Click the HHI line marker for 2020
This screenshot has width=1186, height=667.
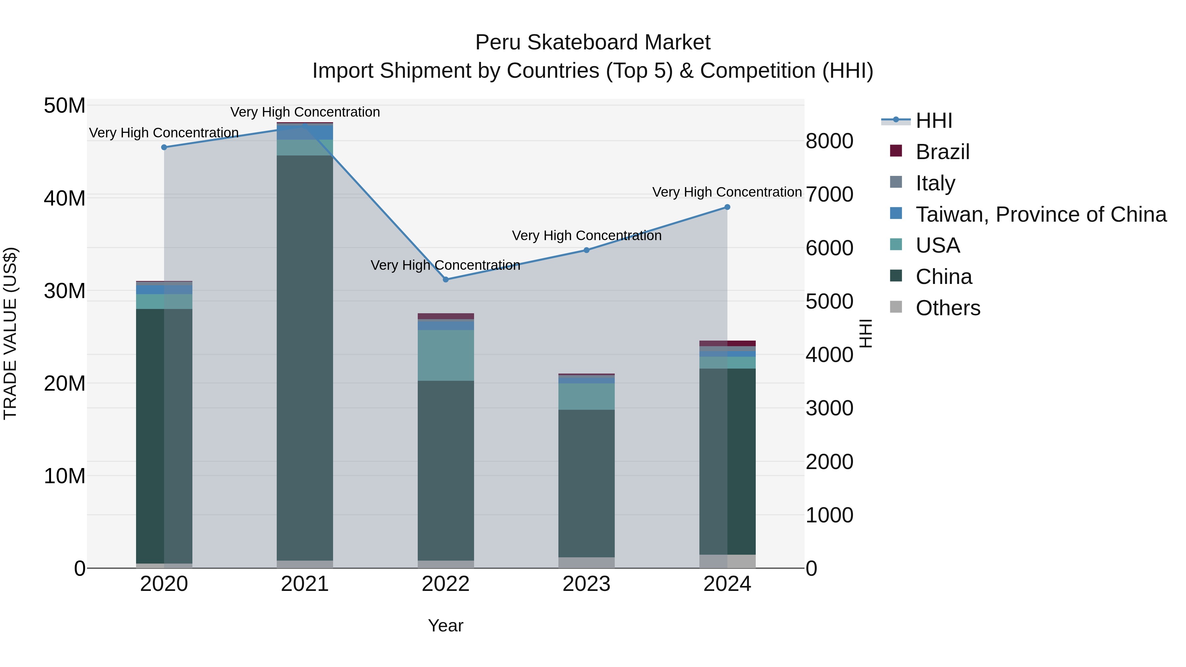pos(164,147)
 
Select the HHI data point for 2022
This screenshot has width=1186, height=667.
pos(446,279)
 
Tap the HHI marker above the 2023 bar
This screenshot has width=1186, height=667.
pos(586,250)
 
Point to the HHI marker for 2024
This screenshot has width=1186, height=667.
pos(727,207)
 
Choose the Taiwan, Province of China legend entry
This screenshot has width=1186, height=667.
pos(1040,214)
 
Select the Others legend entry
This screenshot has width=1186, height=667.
pos(947,308)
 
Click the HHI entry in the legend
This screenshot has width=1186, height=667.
pos(934,121)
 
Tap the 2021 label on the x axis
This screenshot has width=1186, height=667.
pos(305,584)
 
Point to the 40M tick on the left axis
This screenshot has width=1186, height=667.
pos(65,198)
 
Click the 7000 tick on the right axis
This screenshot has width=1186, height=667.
pos(829,194)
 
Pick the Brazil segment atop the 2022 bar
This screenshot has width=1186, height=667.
pos(446,316)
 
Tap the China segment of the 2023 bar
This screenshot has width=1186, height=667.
pos(586,483)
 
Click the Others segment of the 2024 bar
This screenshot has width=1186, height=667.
pos(727,561)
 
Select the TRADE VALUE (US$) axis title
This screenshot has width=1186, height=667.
pos(10,333)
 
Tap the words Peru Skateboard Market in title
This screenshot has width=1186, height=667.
pos(593,42)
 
